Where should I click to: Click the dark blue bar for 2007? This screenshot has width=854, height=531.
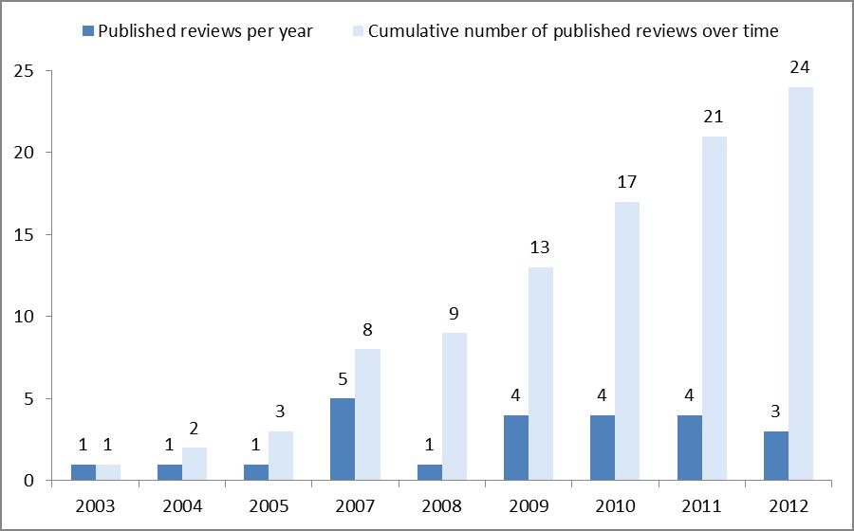(x=343, y=439)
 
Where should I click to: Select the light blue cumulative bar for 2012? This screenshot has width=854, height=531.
(x=800, y=284)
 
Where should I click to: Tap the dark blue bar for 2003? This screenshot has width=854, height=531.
(x=84, y=471)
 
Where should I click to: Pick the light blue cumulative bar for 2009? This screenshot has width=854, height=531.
(x=541, y=374)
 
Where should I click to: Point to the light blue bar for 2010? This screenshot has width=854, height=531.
(x=627, y=340)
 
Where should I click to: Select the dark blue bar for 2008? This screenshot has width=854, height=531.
(x=429, y=471)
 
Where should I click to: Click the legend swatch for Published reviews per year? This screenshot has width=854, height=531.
(x=88, y=31)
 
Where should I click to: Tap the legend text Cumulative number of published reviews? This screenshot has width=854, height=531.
(x=573, y=31)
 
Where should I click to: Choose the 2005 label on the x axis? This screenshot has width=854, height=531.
(x=269, y=505)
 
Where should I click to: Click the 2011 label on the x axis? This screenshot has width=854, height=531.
(x=701, y=505)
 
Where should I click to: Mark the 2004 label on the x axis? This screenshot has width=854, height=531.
(x=182, y=505)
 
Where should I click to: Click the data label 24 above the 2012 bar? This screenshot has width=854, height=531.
(x=800, y=69)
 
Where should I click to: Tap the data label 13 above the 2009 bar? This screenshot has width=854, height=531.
(x=541, y=249)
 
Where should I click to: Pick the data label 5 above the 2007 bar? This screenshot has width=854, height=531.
(x=343, y=380)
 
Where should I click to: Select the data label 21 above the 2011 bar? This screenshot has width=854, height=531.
(x=714, y=118)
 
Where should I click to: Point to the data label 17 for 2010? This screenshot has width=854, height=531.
(x=627, y=183)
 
